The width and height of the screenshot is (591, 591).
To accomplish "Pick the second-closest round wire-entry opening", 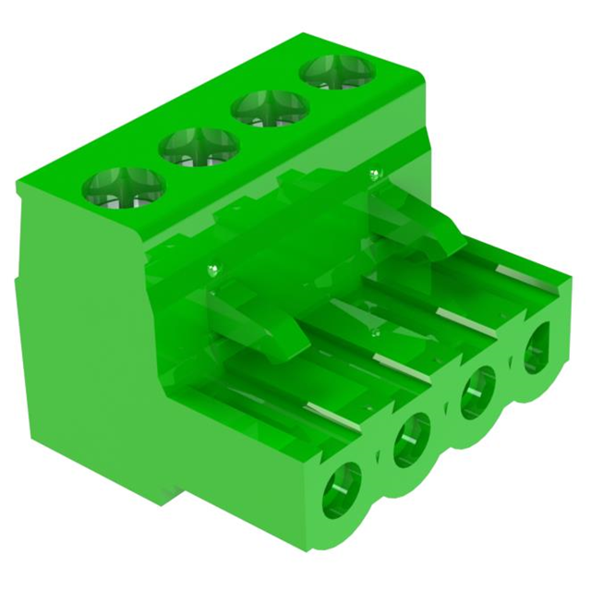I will [x=413, y=438].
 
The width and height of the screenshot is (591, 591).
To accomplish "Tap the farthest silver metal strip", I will [x=517, y=272].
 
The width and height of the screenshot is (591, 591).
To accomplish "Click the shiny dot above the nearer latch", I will [x=214, y=270].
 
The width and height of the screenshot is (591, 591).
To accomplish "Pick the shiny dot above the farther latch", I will [x=373, y=173].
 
